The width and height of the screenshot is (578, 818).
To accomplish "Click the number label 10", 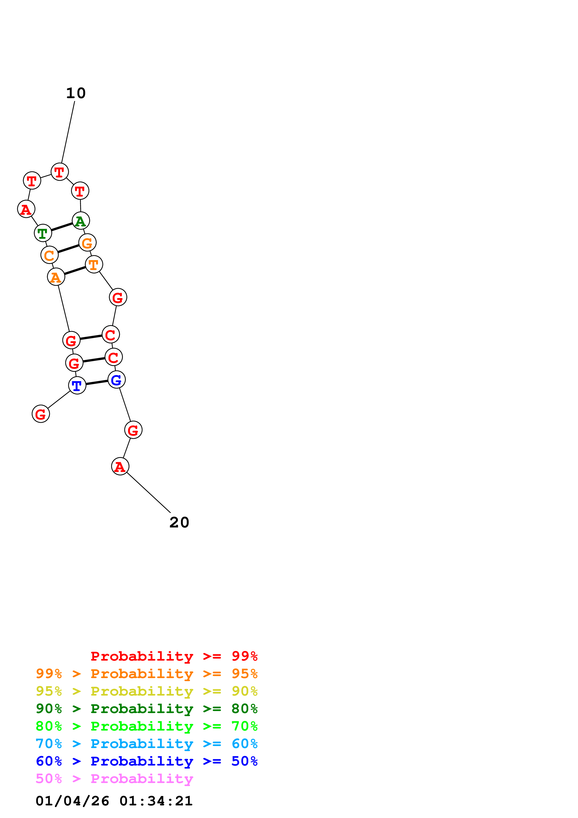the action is pyautogui.click(x=76, y=93).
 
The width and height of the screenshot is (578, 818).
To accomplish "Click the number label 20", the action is pyautogui.click(x=179, y=523).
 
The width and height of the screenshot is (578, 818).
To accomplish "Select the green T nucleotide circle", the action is pyautogui.click(x=43, y=233).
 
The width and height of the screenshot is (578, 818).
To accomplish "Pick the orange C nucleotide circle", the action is pyautogui.click(x=49, y=255).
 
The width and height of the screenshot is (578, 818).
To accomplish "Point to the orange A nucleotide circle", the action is pyautogui.click(x=56, y=277).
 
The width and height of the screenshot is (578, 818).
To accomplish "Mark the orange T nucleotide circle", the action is pyautogui.click(x=94, y=264).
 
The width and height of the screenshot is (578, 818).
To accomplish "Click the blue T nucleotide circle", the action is pyautogui.click(x=77, y=385).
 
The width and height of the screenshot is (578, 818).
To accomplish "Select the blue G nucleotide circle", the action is pyautogui.click(x=116, y=380).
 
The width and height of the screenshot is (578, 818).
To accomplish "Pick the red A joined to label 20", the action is pyautogui.click(x=120, y=466).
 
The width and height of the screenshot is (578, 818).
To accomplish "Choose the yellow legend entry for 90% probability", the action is pyautogui.click(x=147, y=691).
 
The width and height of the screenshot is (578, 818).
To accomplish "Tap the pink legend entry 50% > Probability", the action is pyautogui.click(x=114, y=779).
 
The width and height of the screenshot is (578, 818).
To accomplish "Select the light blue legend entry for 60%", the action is pyautogui.click(x=147, y=744).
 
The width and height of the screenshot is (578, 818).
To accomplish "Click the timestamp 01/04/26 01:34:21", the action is pyautogui.click(x=114, y=801).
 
